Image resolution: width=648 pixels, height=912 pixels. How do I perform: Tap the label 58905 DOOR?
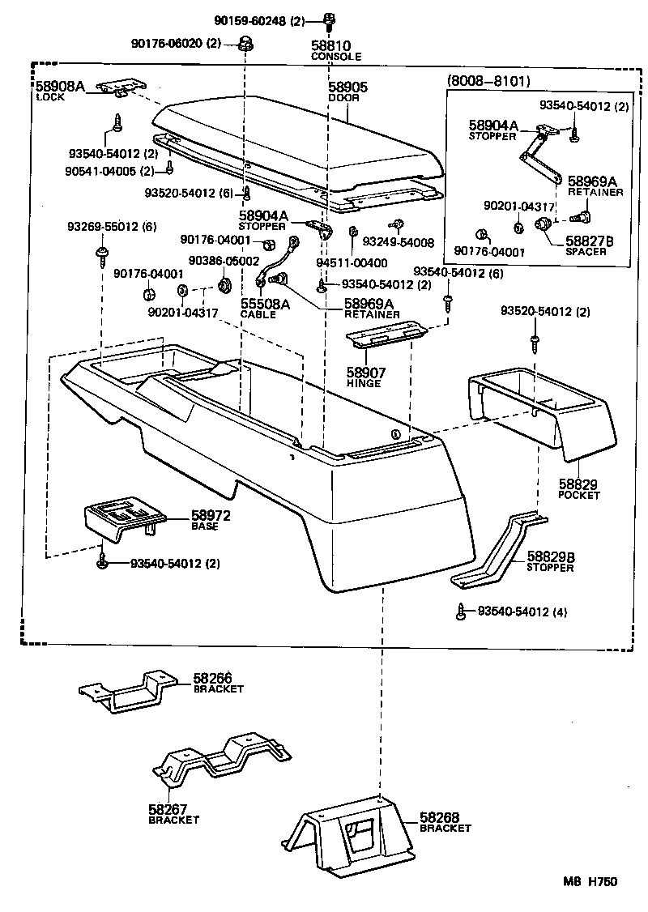point(347,92)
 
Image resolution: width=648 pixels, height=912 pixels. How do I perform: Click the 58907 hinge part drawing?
point(384,338)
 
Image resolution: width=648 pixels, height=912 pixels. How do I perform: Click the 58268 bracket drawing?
point(348,834)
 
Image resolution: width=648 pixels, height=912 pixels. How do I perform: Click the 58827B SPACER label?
point(590,246)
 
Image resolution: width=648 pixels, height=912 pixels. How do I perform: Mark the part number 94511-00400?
point(352,263)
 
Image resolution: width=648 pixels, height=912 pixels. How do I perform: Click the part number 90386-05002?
point(224,261)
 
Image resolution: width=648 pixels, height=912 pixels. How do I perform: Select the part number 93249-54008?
point(398,241)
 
